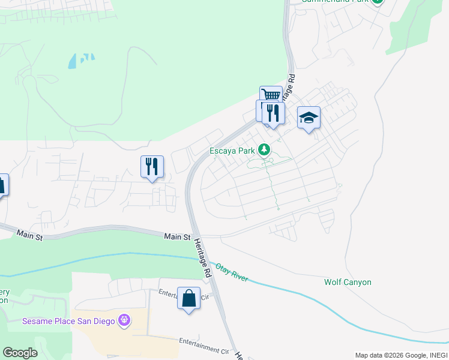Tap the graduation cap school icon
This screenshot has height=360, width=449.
[x=309, y=118]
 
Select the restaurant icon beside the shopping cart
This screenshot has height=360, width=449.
[x=274, y=112]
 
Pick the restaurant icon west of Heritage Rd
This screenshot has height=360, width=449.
[x=152, y=166]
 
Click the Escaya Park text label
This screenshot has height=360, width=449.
[x=232, y=151]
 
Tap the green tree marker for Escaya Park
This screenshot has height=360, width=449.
[x=264, y=149]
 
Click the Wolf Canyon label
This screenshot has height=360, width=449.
[x=348, y=282]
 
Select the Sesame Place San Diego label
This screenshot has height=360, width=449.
[x=68, y=321]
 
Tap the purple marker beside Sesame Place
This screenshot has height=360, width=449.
[x=124, y=320]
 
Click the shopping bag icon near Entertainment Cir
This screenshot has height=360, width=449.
[x=188, y=298]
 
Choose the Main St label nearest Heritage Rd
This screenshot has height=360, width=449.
[x=177, y=238]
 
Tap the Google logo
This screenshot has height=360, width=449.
[x=19, y=353]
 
